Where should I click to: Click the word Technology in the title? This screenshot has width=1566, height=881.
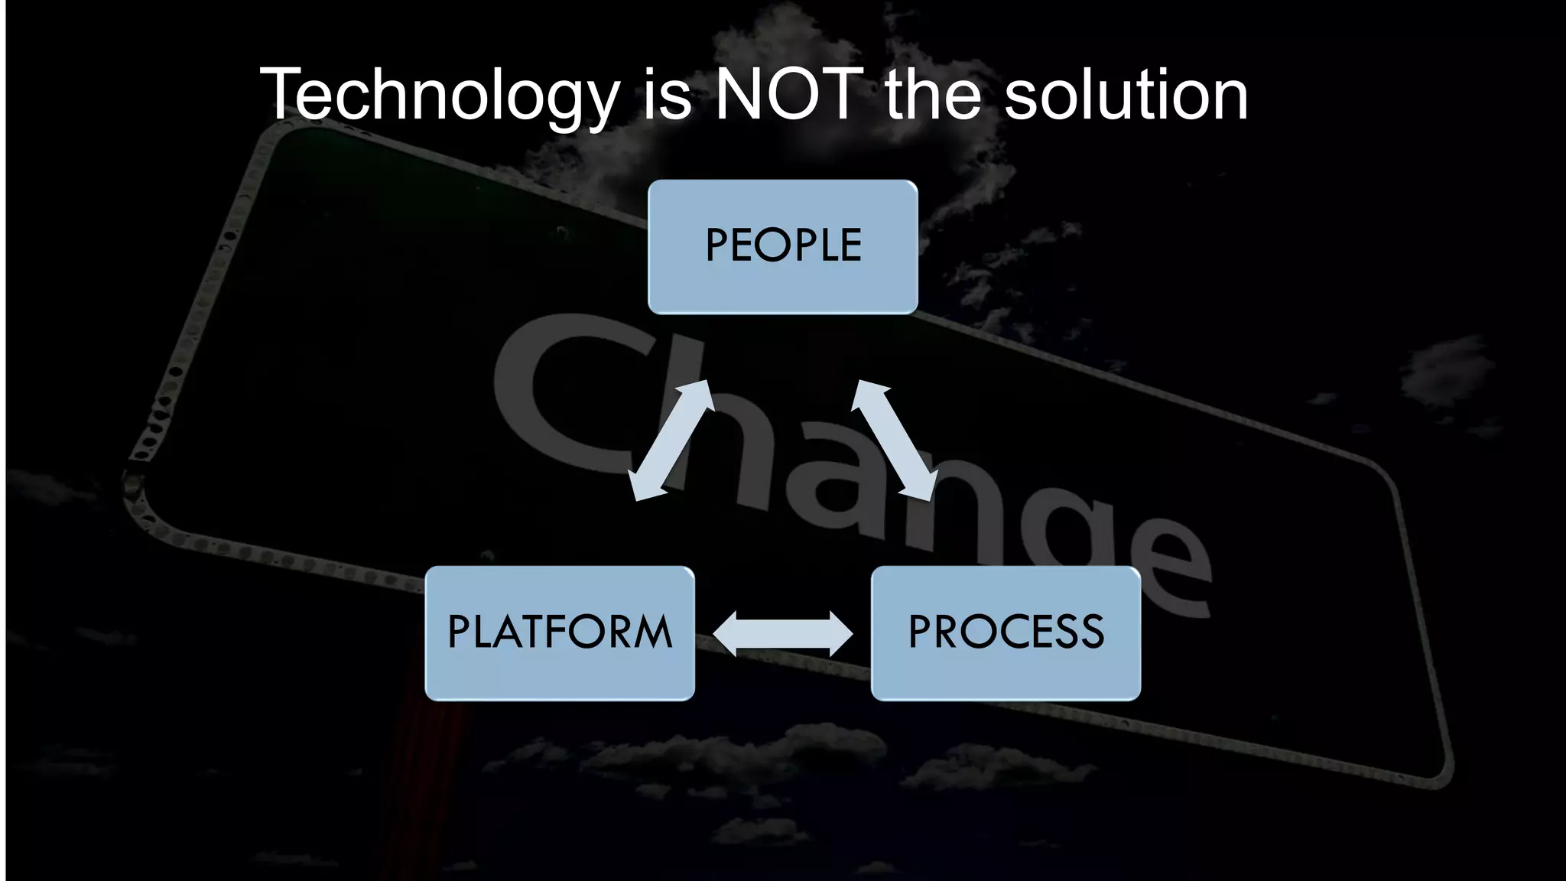[x=439, y=96]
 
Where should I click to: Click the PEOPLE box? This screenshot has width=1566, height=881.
[x=782, y=246]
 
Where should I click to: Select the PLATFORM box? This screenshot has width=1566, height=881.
[x=559, y=632]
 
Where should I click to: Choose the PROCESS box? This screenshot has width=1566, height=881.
[x=1006, y=632]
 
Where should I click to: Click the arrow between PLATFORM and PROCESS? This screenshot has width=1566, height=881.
[x=782, y=633]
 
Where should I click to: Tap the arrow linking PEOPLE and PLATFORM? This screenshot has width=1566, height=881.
[x=670, y=440]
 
